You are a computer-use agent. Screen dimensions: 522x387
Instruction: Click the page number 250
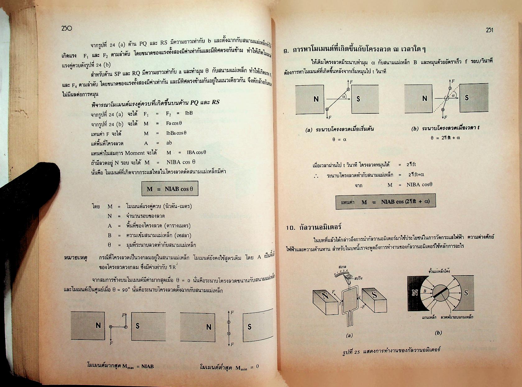click(67, 28)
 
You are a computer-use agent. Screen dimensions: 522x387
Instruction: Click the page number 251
click(489, 30)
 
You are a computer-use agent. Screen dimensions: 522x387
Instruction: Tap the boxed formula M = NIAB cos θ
click(170, 189)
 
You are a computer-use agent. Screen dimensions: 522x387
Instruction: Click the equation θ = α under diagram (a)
click(339, 139)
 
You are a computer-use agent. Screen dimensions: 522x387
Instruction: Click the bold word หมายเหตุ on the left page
click(75, 257)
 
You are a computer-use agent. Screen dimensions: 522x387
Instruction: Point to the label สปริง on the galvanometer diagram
click(358, 278)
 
